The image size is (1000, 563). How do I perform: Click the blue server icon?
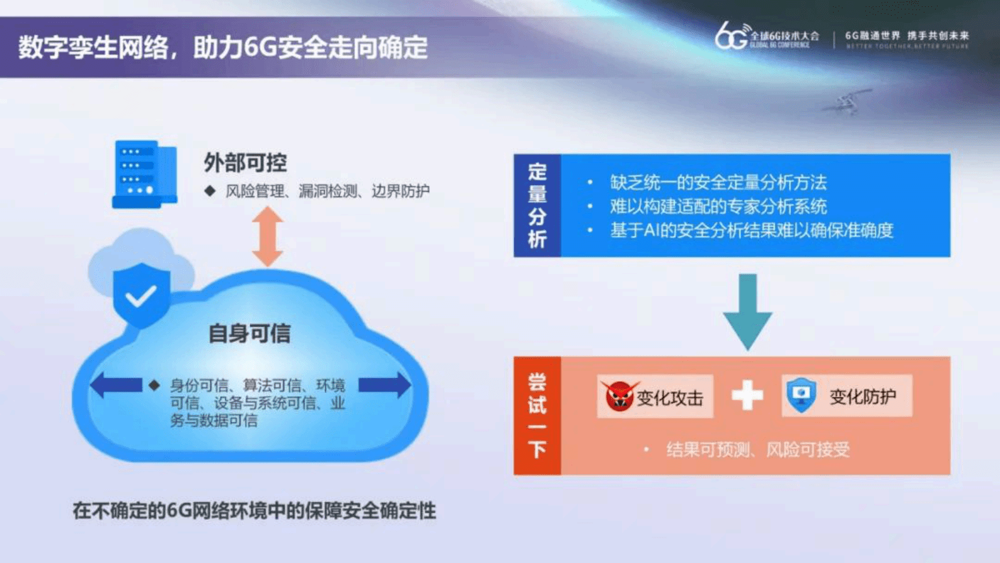[x=144, y=174]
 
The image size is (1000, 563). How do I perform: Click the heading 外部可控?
[x=245, y=162]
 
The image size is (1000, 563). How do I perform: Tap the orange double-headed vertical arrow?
[x=267, y=236]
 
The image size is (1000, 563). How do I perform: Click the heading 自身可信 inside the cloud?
[x=250, y=333]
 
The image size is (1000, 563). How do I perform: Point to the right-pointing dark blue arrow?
[x=384, y=385]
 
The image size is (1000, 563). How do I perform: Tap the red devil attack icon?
[x=619, y=396]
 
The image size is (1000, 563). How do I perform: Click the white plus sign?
[x=747, y=396]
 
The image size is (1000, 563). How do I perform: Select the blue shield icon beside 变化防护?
[x=802, y=395]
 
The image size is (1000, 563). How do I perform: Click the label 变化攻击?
[x=669, y=398]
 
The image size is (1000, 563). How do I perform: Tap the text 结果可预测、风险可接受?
[x=757, y=450]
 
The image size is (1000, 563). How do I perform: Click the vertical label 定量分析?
[x=537, y=205]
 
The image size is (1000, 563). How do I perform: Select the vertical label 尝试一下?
[x=537, y=416]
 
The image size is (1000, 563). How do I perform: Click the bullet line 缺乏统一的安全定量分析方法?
[x=718, y=183]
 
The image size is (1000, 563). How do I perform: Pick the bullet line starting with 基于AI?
[x=751, y=230]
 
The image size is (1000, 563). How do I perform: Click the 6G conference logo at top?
[x=766, y=37]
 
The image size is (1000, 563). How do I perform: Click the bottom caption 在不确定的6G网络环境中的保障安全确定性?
[x=254, y=510]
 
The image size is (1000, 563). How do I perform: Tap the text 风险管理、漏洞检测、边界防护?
[x=327, y=191]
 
